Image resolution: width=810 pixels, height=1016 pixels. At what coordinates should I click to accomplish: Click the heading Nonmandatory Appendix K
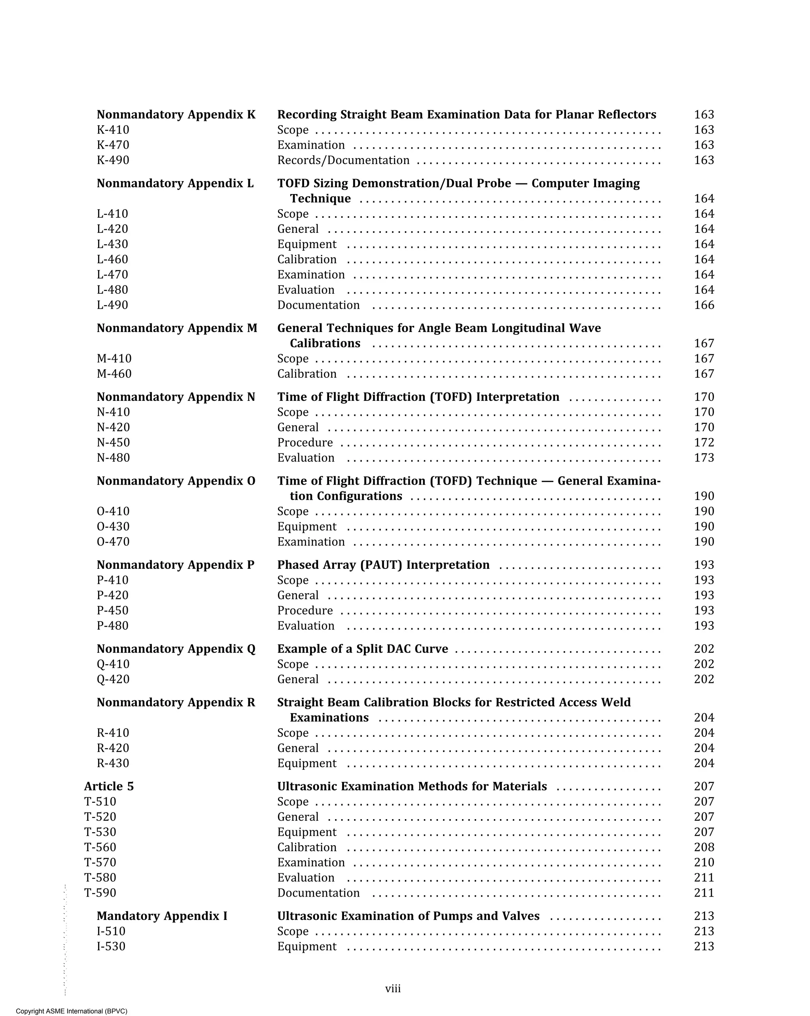tap(176, 115)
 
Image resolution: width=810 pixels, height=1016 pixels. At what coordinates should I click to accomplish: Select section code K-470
tap(113, 145)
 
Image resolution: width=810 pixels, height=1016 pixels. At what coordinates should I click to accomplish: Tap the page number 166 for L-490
tap(704, 305)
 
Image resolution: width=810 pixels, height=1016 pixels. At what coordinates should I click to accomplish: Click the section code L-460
tap(112, 259)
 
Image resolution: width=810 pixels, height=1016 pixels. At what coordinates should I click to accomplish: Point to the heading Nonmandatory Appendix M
tap(177, 328)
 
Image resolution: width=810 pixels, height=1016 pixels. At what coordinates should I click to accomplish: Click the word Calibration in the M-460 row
tap(307, 374)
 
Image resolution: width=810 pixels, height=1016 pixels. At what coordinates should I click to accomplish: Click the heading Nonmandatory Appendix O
tap(176, 481)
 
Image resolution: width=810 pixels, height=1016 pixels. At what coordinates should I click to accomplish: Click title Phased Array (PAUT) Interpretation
tap(383, 565)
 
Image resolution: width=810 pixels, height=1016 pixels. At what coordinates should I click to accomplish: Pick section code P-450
tap(112, 610)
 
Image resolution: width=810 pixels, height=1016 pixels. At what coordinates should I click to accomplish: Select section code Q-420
tap(113, 679)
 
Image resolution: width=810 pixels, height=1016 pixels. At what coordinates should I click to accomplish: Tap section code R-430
tap(113, 763)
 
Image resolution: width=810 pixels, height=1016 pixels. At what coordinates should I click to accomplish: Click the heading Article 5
tap(109, 786)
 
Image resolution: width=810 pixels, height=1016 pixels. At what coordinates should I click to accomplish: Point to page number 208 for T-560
tap(704, 847)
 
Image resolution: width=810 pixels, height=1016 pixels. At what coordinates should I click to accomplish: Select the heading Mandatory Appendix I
tap(162, 916)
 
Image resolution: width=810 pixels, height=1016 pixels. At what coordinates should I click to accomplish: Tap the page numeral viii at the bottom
tap(393, 988)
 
